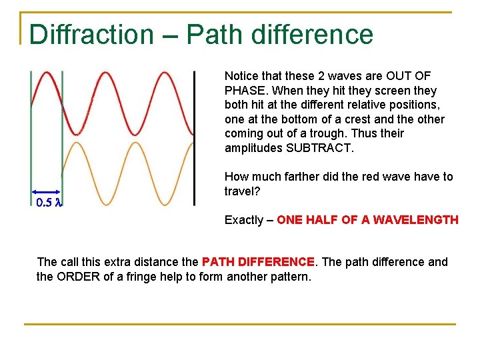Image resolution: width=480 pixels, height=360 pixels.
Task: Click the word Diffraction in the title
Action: pos(91,34)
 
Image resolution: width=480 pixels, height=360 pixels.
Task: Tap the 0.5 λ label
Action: pos(49,202)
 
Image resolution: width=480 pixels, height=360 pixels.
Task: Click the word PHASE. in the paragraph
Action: pos(247,91)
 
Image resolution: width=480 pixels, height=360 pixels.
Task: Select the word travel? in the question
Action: pos(239,191)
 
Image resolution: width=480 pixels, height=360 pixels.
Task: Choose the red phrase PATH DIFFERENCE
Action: pos(258,262)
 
